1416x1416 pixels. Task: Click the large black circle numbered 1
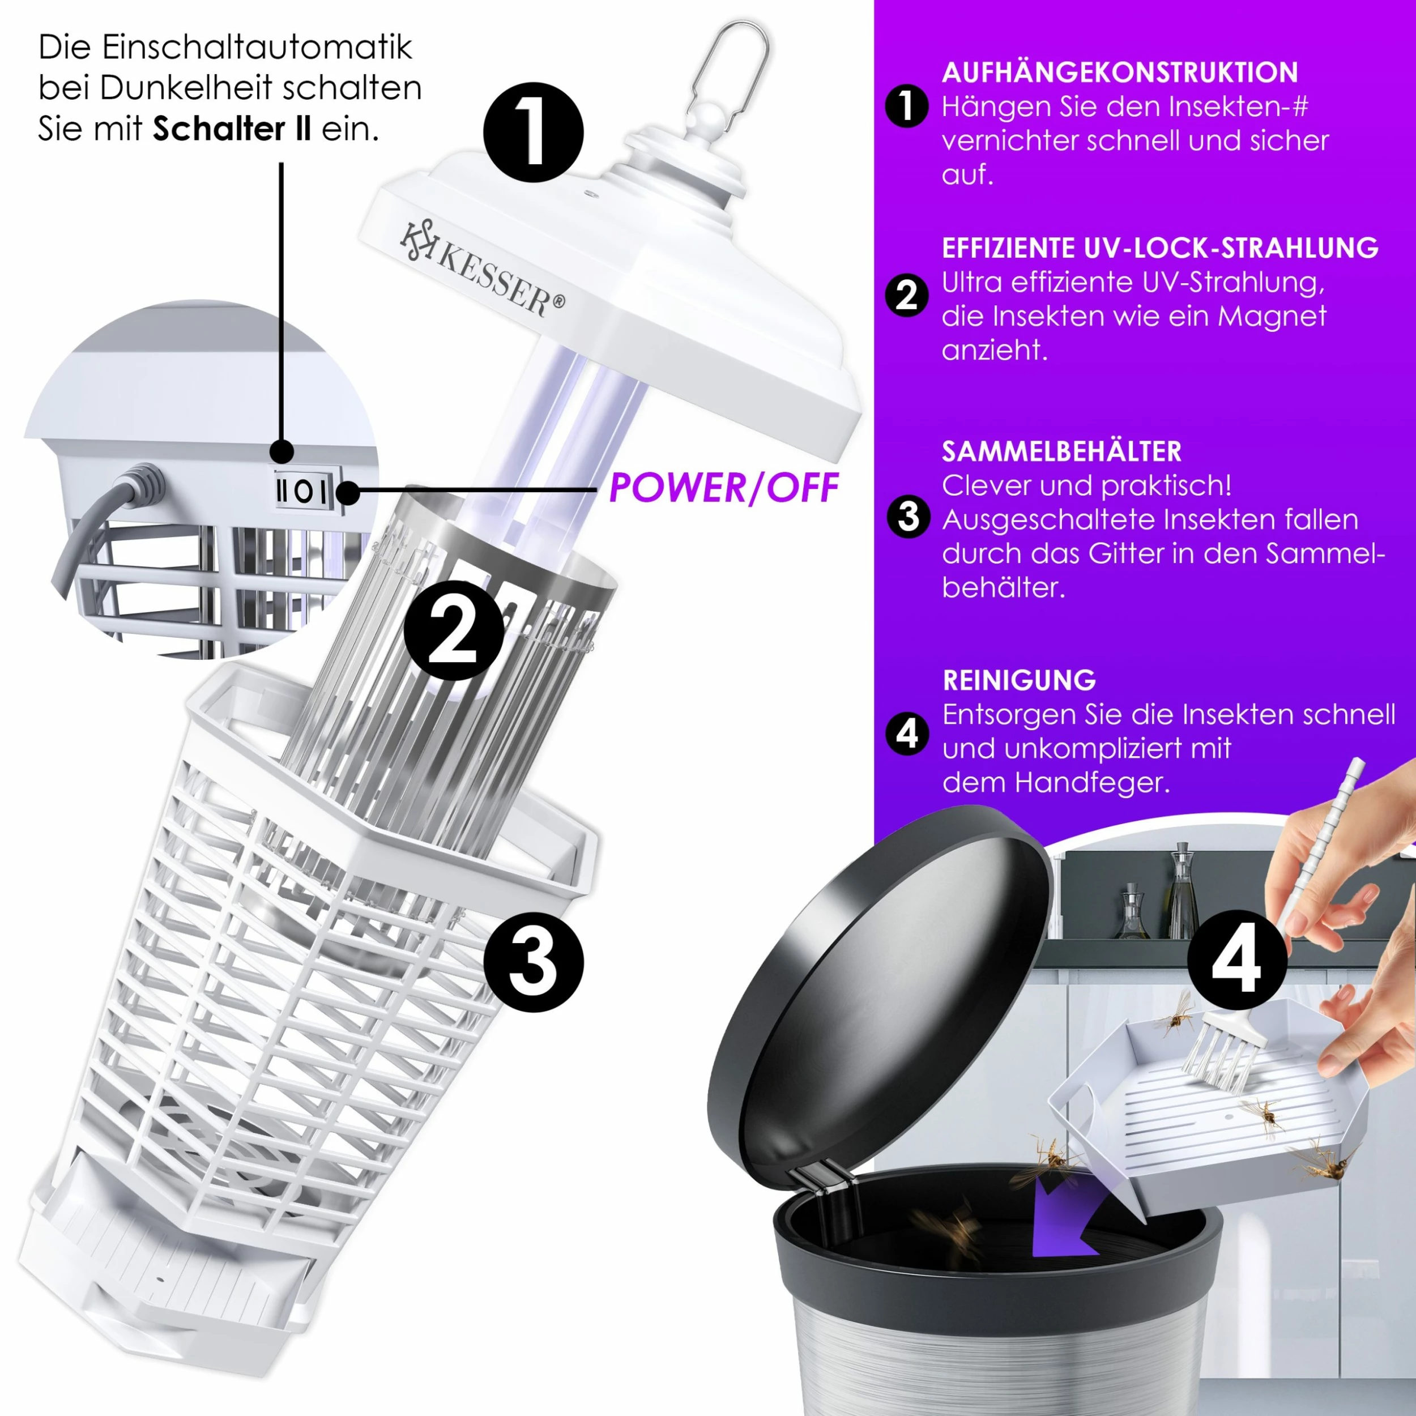click(533, 132)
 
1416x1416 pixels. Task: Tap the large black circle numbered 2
click(454, 630)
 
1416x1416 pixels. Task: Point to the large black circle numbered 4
click(1237, 960)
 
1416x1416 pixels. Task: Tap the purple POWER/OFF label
click(723, 488)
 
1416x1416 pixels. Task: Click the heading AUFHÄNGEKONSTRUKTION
click(1119, 72)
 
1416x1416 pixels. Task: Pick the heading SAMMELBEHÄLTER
click(1061, 451)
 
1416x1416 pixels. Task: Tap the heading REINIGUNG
click(1019, 680)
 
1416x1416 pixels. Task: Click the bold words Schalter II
click(232, 129)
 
